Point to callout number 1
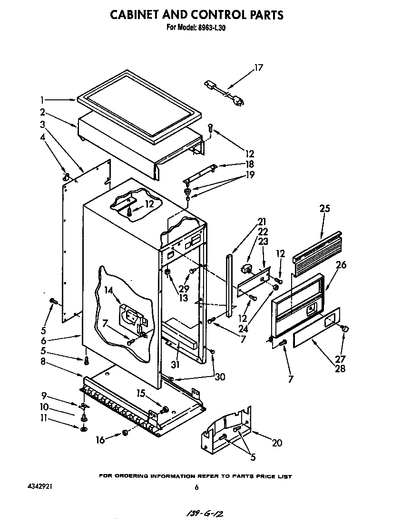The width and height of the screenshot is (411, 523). [x=42, y=100]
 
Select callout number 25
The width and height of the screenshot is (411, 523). [x=325, y=208]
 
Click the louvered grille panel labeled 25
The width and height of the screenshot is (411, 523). [x=317, y=254]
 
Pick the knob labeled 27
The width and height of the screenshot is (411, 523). [x=345, y=328]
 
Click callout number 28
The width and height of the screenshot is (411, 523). [x=340, y=368]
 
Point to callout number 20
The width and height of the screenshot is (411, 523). [x=276, y=443]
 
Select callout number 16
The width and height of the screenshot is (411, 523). [x=100, y=440]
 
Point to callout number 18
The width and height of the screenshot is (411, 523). [x=249, y=164]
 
